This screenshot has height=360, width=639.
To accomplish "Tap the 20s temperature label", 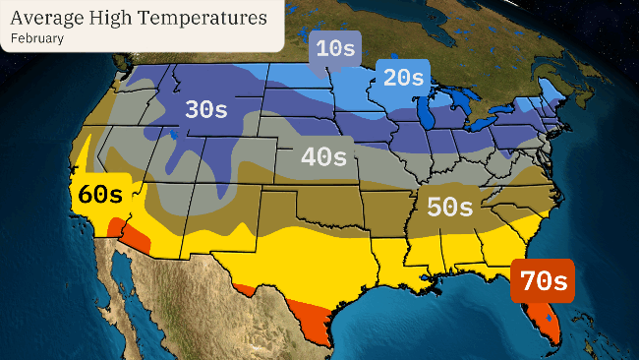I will [x=403, y=78].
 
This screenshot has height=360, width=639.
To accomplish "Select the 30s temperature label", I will [x=205, y=109].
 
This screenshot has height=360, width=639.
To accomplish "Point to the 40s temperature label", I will [x=324, y=156].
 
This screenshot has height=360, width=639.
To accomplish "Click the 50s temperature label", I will [x=449, y=207].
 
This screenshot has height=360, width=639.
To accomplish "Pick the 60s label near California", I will [x=100, y=194].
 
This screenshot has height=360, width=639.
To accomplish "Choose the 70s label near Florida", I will [x=543, y=281].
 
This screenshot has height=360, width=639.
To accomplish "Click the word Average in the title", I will [x=48, y=18].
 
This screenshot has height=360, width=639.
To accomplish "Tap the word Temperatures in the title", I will [x=203, y=18].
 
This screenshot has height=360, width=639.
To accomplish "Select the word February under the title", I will [x=37, y=38].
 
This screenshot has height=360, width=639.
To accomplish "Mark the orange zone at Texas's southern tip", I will [x=317, y=329].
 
